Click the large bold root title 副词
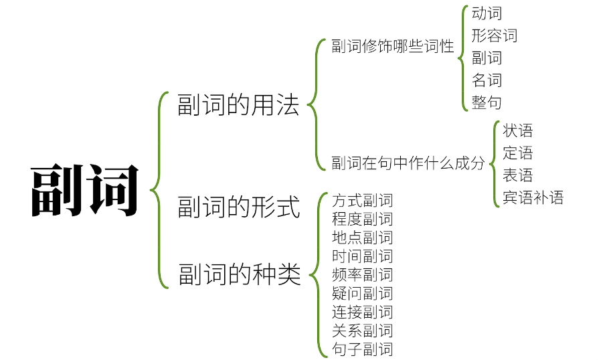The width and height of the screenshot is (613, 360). (x=85, y=190)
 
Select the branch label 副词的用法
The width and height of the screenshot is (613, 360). (x=238, y=105)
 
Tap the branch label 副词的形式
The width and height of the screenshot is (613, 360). (x=239, y=207)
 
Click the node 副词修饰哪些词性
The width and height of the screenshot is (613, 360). (x=393, y=47)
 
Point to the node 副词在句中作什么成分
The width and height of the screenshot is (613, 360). (x=408, y=163)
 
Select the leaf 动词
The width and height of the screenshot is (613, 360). (x=487, y=13)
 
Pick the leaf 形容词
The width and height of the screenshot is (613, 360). (x=494, y=35)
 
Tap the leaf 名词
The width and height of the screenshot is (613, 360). (x=487, y=80)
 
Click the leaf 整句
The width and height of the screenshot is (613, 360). (x=487, y=102)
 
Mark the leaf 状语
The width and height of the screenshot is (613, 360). (x=517, y=131)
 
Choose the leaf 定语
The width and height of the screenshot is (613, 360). (x=517, y=153)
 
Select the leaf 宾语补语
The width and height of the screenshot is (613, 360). (x=533, y=197)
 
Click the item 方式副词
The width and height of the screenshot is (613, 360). (x=362, y=200)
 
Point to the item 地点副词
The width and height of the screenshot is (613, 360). (x=362, y=238)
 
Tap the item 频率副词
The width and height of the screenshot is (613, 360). (x=362, y=274)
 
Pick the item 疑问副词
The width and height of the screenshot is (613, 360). (x=362, y=293)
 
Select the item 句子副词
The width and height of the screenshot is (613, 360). (x=362, y=349)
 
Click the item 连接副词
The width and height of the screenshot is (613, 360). (x=362, y=312)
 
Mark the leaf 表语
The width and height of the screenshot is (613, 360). (x=517, y=175)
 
